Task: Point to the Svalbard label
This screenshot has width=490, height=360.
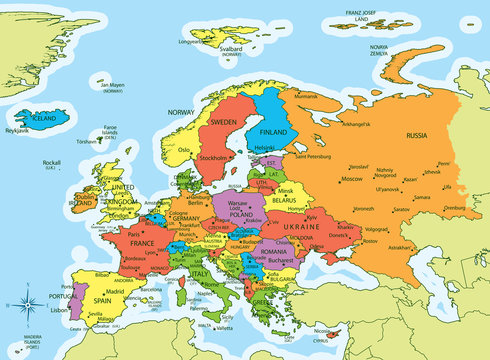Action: pyautogui.click(x=231, y=47)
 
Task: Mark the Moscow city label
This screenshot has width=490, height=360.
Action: pyautogui.click(x=351, y=179)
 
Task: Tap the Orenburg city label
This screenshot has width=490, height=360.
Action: pyautogui.click(x=456, y=209)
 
